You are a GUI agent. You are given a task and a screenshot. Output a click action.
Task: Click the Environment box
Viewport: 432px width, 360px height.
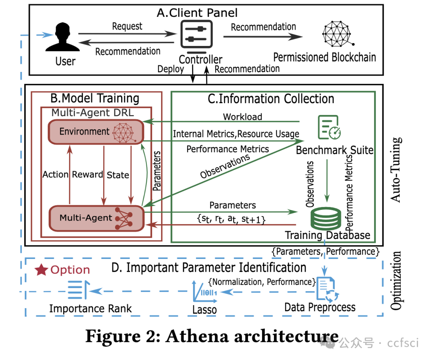click(x=96, y=131)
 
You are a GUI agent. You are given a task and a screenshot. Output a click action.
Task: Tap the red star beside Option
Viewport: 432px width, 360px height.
click(x=41, y=270)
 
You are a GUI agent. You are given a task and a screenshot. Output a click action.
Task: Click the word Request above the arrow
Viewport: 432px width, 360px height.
click(x=127, y=26)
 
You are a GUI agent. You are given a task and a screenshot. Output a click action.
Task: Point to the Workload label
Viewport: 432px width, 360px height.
click(x=242, y=117)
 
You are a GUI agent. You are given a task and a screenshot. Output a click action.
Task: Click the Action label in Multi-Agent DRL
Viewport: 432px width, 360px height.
click(x=56, y=175)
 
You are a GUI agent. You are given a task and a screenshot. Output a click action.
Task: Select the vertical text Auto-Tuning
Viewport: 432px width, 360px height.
click(x=396, y=169)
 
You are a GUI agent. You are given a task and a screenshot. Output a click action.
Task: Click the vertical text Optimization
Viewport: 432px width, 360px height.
click(x=396, y=280)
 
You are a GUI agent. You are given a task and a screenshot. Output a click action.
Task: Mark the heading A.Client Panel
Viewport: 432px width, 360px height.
click(x=197, y=13)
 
